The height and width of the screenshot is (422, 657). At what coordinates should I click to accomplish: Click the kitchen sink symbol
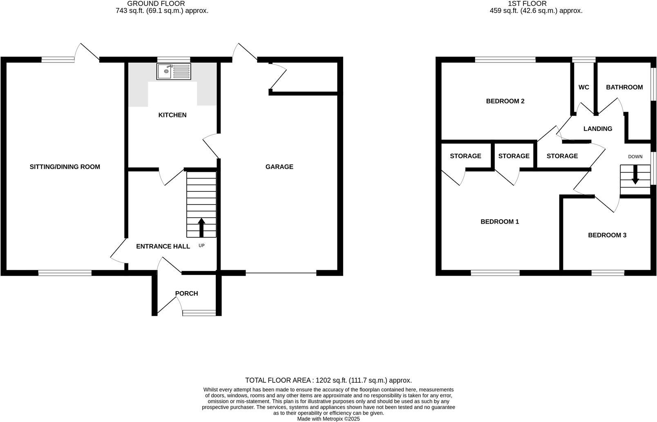(x=174, y=72)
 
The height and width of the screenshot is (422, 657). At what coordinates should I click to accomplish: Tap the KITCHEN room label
(x=172, y=115)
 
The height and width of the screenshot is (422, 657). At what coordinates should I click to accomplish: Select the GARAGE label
(x=279, y=167)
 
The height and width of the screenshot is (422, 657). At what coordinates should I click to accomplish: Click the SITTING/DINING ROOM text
(x=65, y=167)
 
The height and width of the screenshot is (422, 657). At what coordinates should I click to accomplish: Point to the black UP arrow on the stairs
(x=201, y=227)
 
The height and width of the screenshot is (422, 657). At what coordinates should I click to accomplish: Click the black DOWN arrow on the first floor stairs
(x=635, y=175)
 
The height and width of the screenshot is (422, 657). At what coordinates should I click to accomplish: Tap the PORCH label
(x=186, y=294)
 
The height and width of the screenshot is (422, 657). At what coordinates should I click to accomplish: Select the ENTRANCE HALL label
(x=163, y=247)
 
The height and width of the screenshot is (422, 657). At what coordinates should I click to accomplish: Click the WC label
(x=583, y=88)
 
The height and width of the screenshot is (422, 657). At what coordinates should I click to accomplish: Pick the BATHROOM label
(x=624, y=88)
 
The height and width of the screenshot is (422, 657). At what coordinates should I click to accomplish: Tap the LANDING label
(x=597, y=129)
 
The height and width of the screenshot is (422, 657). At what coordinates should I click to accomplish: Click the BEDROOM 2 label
(x=505, y=101)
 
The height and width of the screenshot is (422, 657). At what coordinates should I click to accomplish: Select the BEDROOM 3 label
(x=607, y=235)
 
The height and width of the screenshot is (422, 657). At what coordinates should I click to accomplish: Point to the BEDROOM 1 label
(x=499, y=222)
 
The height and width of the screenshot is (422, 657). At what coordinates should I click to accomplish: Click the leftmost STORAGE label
(x=465, y=156)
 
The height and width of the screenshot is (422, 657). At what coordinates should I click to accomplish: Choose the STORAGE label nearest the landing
(x=562, y=156)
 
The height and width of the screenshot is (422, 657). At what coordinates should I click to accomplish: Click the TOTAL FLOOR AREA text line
(x=328, y=380)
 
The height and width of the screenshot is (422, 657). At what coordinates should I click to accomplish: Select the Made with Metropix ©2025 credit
(x=328, y=419)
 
